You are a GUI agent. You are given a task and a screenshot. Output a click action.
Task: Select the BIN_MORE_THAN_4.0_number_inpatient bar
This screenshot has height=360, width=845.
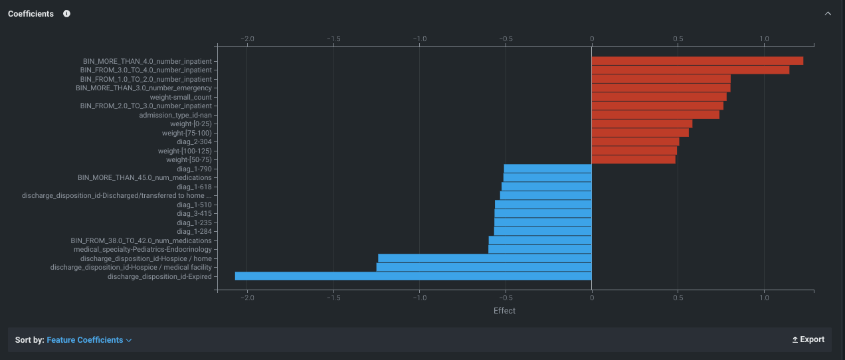(697, 61)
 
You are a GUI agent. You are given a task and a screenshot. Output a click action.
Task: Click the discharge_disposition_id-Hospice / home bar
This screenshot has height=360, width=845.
(485, 258)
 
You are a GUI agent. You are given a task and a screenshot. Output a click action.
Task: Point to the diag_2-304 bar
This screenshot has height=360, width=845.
(635, 141)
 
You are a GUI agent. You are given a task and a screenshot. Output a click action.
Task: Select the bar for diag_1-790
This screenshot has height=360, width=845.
(548, 169)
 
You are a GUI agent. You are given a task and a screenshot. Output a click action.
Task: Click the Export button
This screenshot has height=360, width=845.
(808, 339)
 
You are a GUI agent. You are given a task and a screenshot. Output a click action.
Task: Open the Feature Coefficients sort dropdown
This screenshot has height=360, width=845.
(89, 340)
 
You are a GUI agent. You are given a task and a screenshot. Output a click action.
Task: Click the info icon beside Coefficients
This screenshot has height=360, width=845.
(66, 14)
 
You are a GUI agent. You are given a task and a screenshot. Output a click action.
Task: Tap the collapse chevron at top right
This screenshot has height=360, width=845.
(828, 14)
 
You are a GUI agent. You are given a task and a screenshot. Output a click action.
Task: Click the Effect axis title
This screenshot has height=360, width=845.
(504, 310)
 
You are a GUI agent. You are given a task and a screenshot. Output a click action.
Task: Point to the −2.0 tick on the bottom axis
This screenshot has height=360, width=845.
(247, 298)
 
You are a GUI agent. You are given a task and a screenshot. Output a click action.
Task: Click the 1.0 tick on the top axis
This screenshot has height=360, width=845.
(764, 39)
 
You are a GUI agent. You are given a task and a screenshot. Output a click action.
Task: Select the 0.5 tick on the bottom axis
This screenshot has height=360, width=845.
(678, 298)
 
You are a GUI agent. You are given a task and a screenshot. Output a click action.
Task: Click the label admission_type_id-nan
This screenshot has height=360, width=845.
(175, 115)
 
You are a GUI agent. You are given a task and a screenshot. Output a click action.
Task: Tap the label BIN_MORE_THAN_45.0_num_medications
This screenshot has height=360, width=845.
(145, 177)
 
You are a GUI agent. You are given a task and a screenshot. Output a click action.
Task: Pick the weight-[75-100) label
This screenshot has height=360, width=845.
(187, 133)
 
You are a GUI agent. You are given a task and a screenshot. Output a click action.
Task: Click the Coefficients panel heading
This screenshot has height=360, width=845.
(31, 14)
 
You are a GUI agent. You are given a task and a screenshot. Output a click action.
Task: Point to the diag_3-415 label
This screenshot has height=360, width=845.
(194, 213)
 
